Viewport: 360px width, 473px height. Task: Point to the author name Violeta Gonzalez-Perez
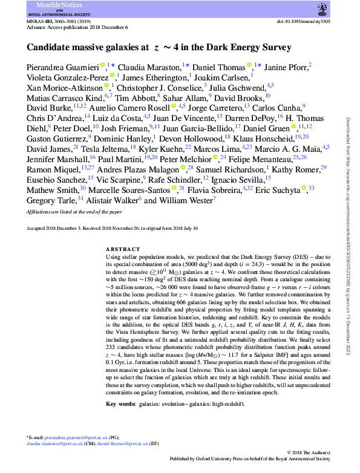tap(68, 77)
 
